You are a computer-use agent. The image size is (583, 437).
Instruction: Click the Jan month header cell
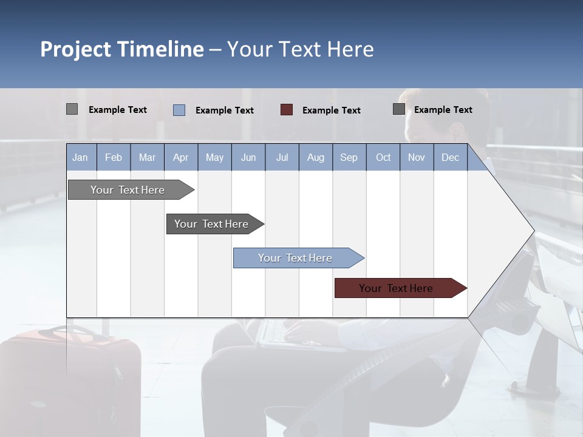pyautogui.click(x=80, y=158)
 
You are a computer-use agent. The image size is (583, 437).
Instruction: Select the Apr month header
pyautogui.click(x=180, y=158)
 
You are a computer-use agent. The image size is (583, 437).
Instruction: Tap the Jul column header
pyautogui.click(x=282, y=158)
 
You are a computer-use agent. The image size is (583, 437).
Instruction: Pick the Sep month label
pyautogui.click(x=349, y=158)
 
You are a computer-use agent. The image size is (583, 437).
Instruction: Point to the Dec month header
pyautogui.click(x=450, y=158)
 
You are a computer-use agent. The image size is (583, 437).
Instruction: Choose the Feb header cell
pyautogui.click(x=114, y=158)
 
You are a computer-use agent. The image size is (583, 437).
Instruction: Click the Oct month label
pyautogui.click(x=383, y=158)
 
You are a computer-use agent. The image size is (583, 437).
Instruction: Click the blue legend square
pyautogui.click(x=179, y=110)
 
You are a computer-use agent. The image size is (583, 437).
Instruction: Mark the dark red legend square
pyautogui.click(x=287, y=110)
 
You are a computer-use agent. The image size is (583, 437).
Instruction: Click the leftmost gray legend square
pyautogui.click(x=72, y=109)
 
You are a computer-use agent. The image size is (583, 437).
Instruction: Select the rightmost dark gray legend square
pyautogui.click(x=399, y=109)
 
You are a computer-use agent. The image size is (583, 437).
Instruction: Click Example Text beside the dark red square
pyautogui.click(x=331, y=110)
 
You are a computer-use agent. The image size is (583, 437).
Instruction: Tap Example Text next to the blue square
pyautogui.click(x=224, y=110)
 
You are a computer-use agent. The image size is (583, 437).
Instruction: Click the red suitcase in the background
pyautogui.click(x=70, y=376)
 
